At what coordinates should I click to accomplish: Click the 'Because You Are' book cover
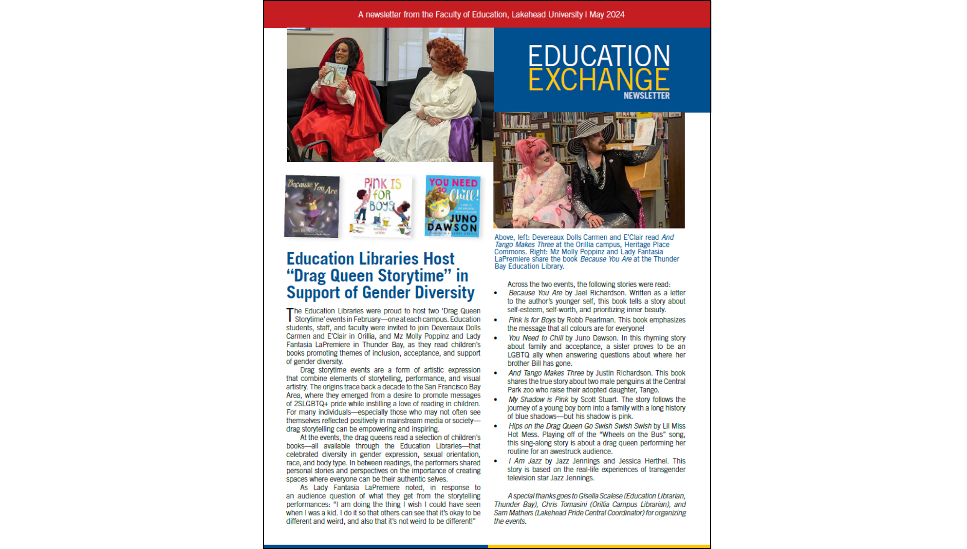pos(312,206)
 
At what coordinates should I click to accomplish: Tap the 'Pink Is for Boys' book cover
pos(381,206)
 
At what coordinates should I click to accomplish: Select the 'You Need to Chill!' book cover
pos(452,206)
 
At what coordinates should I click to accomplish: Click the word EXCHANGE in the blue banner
pos(598,79)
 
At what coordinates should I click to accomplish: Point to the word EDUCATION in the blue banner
pos(598,56)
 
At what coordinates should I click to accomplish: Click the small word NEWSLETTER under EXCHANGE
pos(646,96)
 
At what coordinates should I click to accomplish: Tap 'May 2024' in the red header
pos(607,15)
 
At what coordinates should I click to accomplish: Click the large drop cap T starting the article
pos(290,314)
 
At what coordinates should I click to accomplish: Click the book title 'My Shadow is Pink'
pos(538,399)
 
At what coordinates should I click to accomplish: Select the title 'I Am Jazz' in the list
pos(525,461)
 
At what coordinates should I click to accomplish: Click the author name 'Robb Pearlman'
pos(590,320)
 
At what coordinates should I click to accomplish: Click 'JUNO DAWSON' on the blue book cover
pos(452,224)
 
